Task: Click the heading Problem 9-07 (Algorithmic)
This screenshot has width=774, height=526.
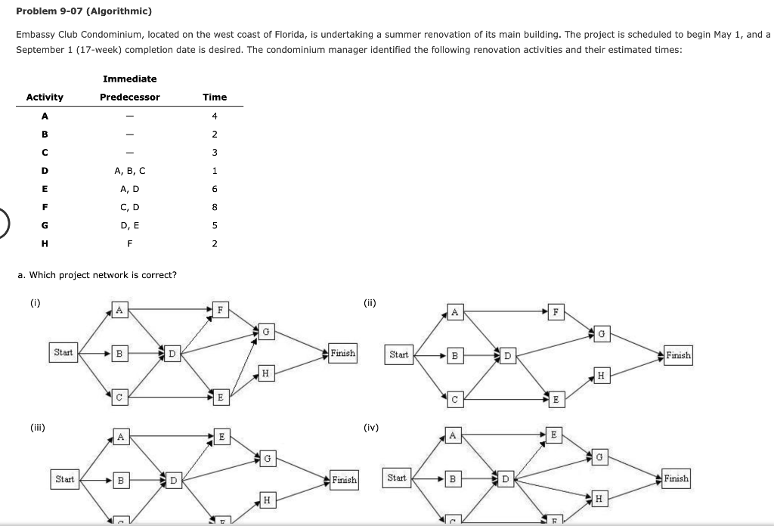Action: (x=84, y=11)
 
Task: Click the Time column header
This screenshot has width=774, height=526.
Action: (x=214, y=97)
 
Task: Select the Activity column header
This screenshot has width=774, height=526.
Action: (x=45, y=97)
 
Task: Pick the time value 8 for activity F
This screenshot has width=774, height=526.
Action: (x=215, y=206)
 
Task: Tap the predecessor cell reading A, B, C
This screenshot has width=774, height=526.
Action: (x=129, y=170)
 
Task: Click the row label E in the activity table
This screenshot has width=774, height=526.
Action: (x=45, y=188)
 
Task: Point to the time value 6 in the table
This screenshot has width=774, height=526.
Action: (x=215, y=188)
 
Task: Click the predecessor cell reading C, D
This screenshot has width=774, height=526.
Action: (x=129, y=206)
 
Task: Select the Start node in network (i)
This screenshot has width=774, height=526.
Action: (x=63, y=352)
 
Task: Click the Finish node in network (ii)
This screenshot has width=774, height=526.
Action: (x=678, y=355)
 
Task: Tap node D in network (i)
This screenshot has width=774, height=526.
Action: (x=172, y=353)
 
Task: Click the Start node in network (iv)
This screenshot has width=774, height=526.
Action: (x=397, y=478)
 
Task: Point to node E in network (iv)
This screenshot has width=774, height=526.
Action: (x=554, y=435)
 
